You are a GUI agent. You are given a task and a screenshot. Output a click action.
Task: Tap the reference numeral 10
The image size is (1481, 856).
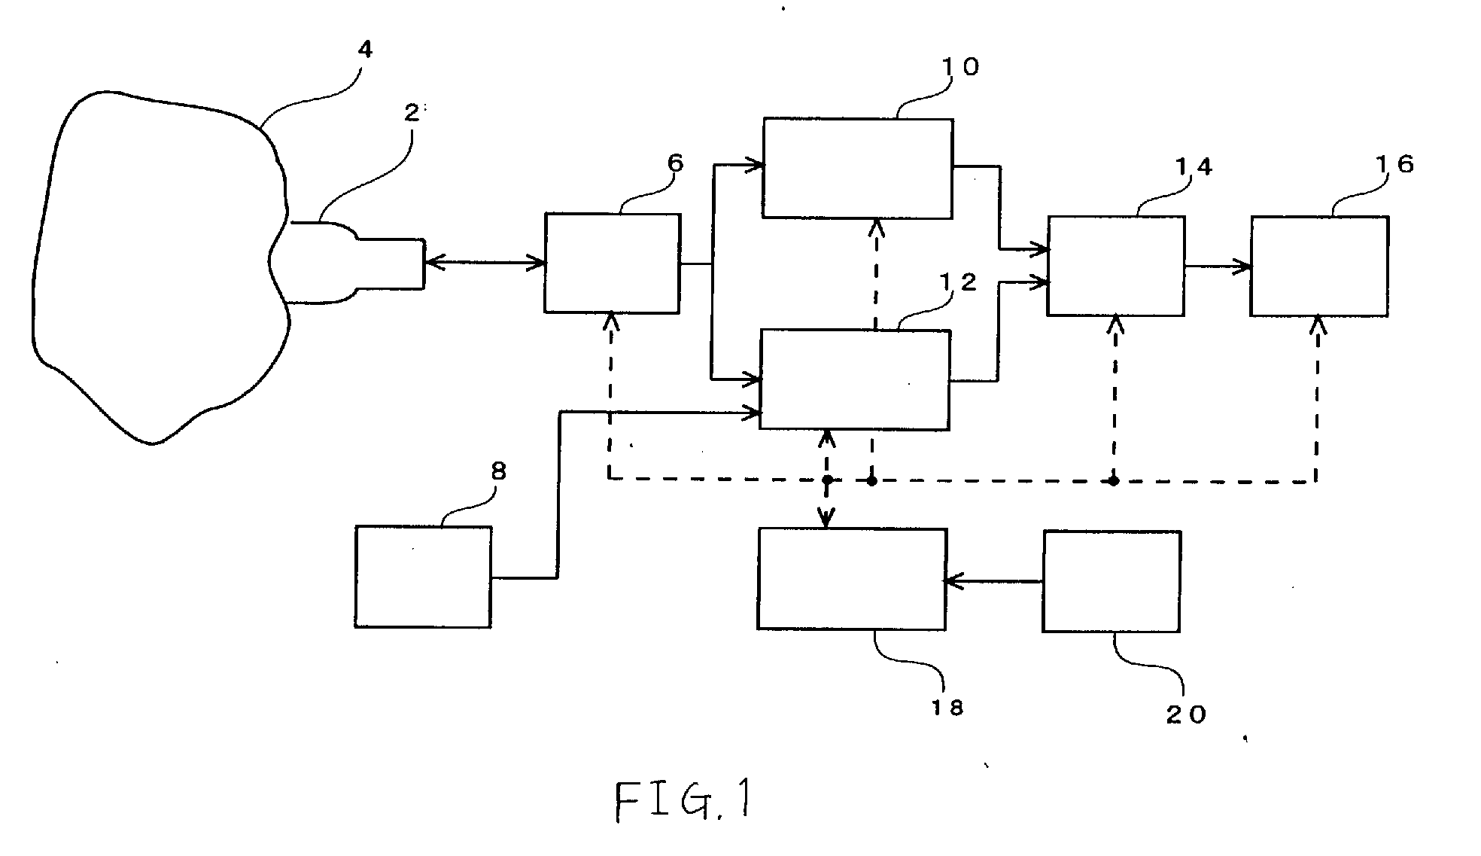(960, 67)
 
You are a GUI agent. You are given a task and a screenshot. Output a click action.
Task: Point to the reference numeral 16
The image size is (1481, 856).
(1395, 165)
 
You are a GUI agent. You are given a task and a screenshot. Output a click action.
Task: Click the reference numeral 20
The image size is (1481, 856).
(1186, 714)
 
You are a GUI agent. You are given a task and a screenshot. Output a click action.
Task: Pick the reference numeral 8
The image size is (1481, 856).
(498, 472)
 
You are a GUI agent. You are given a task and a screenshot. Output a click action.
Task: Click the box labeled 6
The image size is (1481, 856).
(613, 264)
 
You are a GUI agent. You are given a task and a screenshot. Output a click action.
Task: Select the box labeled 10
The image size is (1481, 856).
(858, 168)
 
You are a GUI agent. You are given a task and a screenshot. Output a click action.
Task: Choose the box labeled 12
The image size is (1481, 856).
(855, 379)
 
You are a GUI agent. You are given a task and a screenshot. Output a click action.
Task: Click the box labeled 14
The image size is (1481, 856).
(1116, 266)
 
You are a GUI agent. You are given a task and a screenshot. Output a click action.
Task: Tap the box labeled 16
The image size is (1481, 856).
(1320, 267)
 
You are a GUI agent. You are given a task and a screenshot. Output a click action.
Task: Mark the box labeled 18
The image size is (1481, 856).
(852, 579)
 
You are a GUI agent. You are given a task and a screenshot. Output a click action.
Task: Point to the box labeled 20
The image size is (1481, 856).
(1112, 581)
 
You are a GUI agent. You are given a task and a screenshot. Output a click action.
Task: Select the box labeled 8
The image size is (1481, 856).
(423, 577)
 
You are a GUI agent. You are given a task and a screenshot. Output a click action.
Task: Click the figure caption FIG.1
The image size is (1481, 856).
(683, 801)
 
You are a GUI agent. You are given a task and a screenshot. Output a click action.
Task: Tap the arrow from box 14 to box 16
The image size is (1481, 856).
(1218, 266)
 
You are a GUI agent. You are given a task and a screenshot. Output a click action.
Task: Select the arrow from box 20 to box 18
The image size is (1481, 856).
(994, 581)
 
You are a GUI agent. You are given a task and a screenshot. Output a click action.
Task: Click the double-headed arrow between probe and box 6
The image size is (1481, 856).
(485, 262)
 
